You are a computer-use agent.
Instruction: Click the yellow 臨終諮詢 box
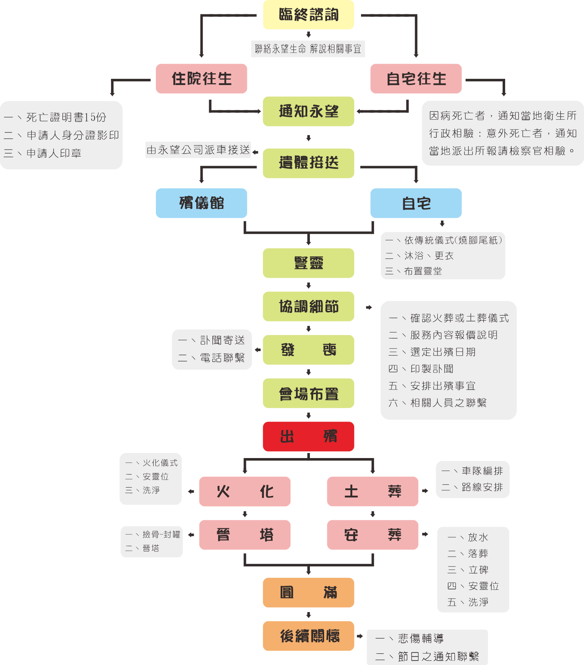(308, 15)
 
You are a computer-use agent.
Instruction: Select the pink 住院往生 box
(201, 79)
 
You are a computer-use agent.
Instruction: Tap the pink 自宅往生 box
(416, 79)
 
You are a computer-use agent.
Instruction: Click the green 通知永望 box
(308, 111)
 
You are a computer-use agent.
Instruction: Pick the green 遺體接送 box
(308, 163)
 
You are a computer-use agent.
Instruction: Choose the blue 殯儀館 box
(201, 203)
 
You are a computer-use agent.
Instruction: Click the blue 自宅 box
(416, 203)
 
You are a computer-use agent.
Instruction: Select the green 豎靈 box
(308, 263)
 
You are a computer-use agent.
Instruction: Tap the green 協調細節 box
(308, 307)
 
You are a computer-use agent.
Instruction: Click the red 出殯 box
(308, 437)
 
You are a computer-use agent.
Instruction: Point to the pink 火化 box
(245, 491)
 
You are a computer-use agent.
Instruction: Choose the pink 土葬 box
(373, 491)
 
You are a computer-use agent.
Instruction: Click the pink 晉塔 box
(245, 535)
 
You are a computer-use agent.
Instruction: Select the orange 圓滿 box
(308, 592)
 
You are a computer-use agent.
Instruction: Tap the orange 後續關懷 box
(308, 636)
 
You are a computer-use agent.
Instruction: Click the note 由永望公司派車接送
(198, 150)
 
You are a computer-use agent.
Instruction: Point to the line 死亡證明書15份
(66, 117)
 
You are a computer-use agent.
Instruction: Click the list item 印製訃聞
(432, 369)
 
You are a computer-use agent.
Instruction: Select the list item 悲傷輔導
(420, 638)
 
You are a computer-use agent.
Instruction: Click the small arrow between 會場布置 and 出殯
(308, 415)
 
